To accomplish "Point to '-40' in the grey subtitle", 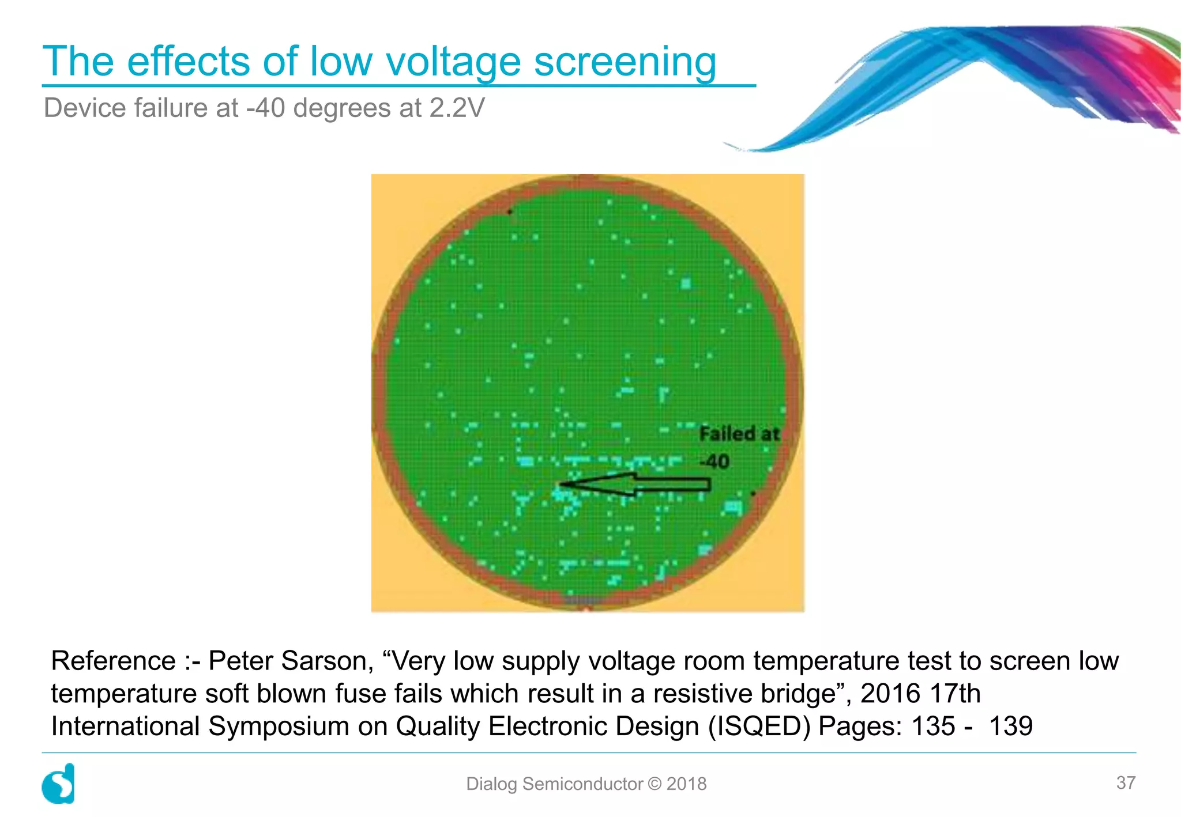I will pos(265,108).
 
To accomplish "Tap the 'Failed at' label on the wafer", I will pos(739,434).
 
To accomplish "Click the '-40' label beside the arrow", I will pos(714,462).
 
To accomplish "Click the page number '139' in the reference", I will pos(1011,727).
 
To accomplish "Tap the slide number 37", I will pos(1126,783).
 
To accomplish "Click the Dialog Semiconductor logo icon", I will pos(59,784).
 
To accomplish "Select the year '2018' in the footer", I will pos(686,784).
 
